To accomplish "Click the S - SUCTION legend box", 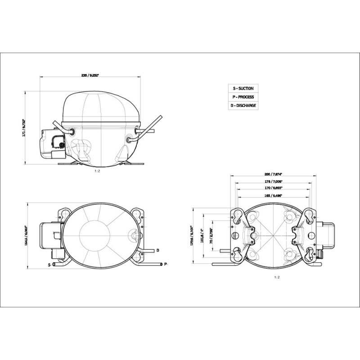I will tap(243, 89).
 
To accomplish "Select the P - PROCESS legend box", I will tap(243, 97).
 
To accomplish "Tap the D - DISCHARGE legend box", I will tap(243, 106).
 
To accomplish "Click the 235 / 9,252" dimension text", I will tap(90, 75).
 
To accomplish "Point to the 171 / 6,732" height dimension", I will tap(26, 127).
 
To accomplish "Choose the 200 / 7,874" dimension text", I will tap(273, 175).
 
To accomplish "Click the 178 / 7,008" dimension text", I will tap(273, 182).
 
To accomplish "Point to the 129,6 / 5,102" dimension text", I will tap(191, 235).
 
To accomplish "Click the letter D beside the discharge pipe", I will tap(157, 250).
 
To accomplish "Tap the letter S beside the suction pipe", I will tap(49, 265).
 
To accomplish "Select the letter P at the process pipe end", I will tap(166, 264).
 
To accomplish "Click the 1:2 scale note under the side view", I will tap(97, 171).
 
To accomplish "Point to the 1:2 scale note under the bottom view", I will tap(277, 278).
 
